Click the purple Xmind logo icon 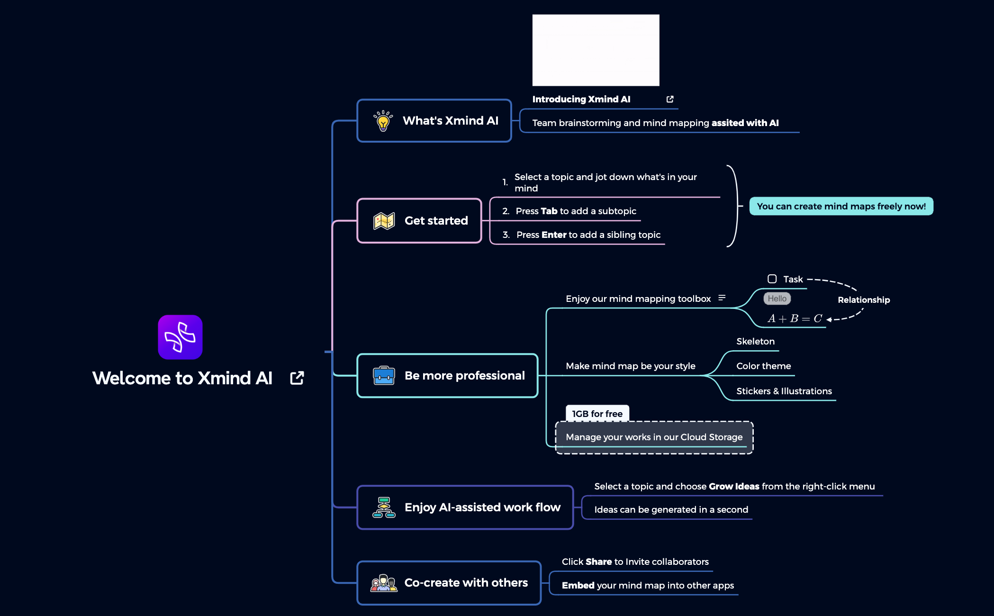point(180,337)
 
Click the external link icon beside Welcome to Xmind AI point(297,378)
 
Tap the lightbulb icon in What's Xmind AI point(383,121)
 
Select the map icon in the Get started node point(384,221)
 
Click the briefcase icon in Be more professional point(384,376)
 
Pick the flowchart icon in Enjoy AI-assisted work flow point(384,507)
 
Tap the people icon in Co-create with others point(384,583)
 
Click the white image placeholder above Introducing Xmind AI point(596,50)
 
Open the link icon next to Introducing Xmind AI point(670,99)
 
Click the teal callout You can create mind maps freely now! point(841,206)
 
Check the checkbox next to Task point(772,279)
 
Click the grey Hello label point(777,299)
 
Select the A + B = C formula point(795,318)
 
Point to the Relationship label point(863,300)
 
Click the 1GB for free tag point(597,414)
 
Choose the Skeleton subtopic point(755,342)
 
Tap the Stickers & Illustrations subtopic point(784,391)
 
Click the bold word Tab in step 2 point(549,211)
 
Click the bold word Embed point(578,586)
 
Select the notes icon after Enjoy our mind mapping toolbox point(722,298)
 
